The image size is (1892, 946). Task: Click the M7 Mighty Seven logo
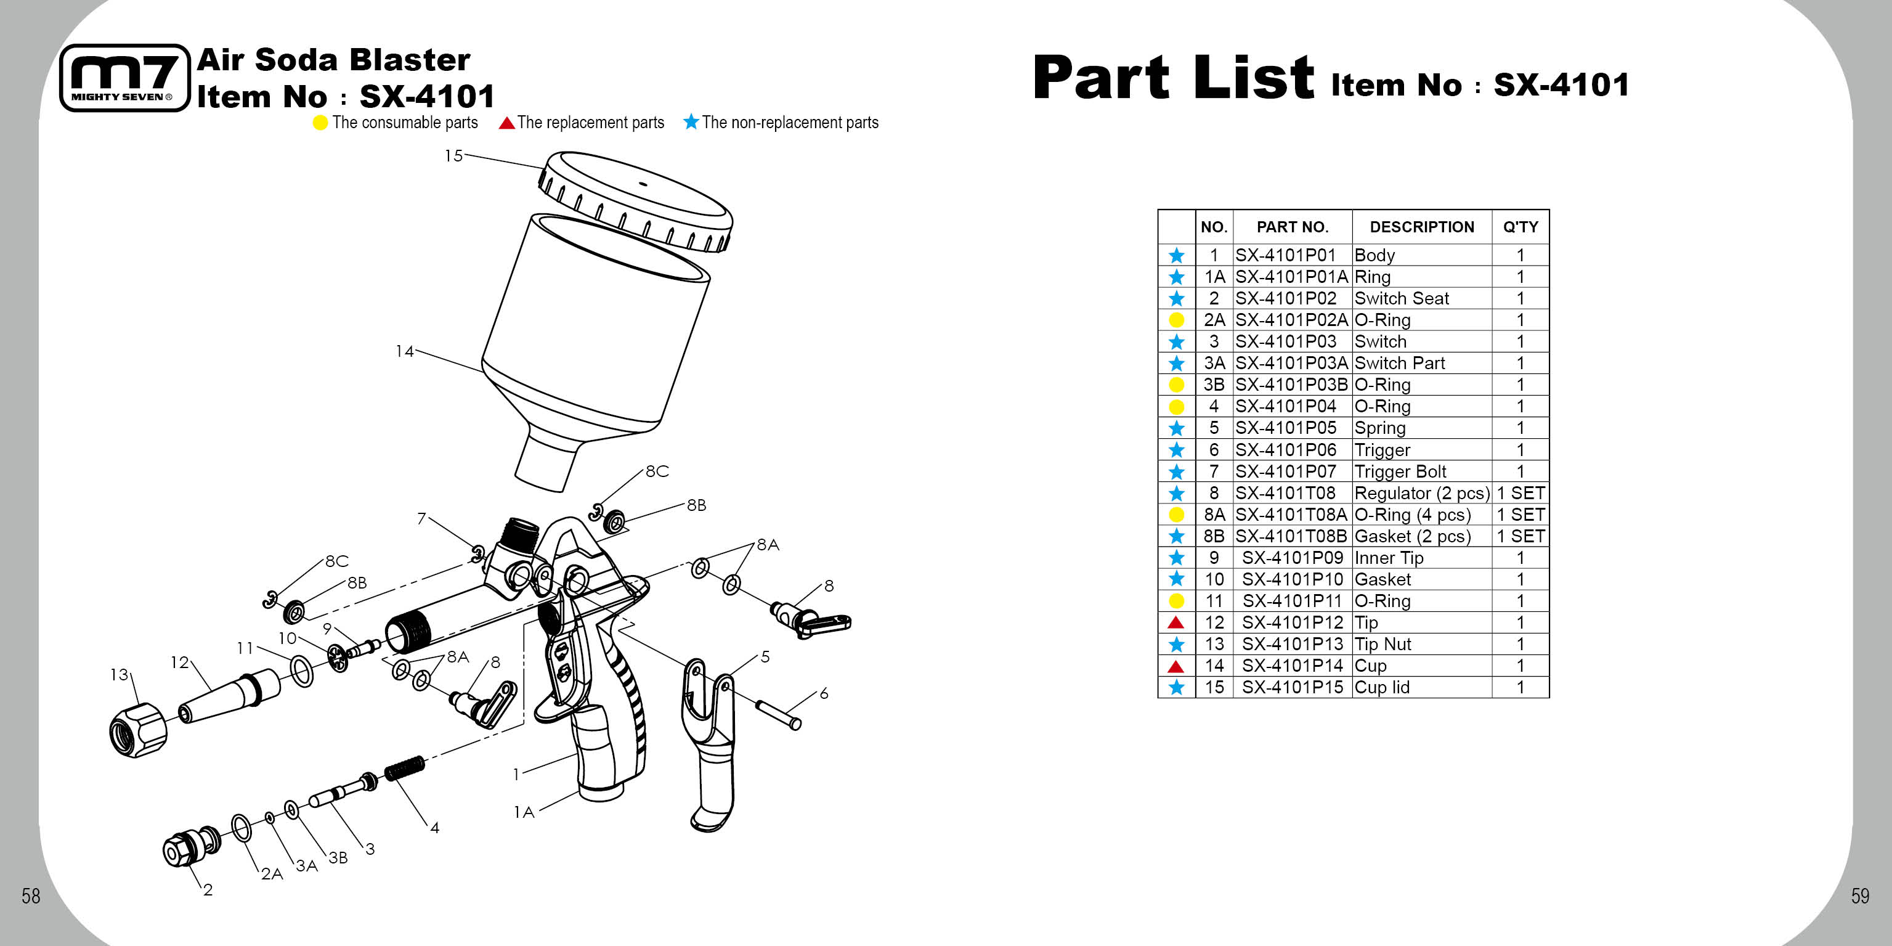(x=124, y=78)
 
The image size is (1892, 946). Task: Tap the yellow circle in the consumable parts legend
(x=320, y=123)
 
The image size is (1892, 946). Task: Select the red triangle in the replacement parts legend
(x=506, y=123)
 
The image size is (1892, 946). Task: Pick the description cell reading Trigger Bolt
(x=1400, y=471)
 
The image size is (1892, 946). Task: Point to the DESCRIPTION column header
(x=1422, y=227)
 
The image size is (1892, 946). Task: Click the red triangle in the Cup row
(x=1176, y=666)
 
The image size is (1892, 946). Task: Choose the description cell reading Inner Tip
(x=1389, y=558)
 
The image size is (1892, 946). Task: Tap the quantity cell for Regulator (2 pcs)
(x=1521, y=493)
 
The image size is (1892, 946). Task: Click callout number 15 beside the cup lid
(x=454, y=156)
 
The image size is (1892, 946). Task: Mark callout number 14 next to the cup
(x=405, y=351)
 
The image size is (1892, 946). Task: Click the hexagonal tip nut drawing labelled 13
(x=137, y=730)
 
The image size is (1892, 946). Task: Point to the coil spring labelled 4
(x=405, y=769)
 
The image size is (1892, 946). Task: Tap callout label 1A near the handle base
(x=524, y=812)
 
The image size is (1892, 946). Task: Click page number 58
(x=31, y=896)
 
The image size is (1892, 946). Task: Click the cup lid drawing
(x=636, y=200)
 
